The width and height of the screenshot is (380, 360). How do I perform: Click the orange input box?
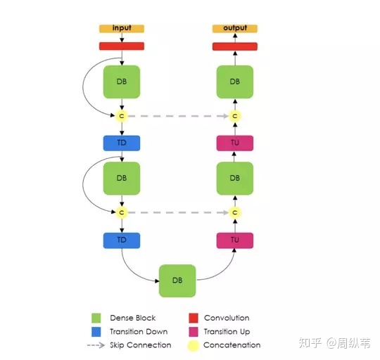pos(122,28)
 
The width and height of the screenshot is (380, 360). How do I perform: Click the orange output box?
pos(235,28)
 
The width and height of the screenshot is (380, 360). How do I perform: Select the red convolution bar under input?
pos(122,46)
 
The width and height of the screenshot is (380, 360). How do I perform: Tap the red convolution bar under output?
pos(235,46)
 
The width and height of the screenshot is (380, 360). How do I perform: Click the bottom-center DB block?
pos(177,281)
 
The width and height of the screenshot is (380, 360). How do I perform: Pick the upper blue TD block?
pos(122,143)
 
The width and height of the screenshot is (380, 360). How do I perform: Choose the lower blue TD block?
pos(122,240)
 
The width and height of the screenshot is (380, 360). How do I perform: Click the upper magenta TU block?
pos(235,143)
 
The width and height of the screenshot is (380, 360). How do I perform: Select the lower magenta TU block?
pos(235,240)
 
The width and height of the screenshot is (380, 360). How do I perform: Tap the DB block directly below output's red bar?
pos(235,82)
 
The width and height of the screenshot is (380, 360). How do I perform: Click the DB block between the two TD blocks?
pos(122,179)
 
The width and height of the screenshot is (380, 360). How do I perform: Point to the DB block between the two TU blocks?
pos(235,179)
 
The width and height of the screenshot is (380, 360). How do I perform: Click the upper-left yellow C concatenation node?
pos(122,116)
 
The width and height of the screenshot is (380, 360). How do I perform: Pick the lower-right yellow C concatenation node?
pos(235,212)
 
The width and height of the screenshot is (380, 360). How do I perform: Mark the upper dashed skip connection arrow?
pos(178,116)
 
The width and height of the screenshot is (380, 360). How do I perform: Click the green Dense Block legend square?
pos(96,318)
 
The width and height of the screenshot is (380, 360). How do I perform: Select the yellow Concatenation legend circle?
pos(193,345)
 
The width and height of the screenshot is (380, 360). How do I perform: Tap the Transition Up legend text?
pos(227,332)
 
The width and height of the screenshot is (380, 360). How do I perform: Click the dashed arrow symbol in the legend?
pos(96,345)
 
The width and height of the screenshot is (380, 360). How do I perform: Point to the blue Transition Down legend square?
pos(96,332)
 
